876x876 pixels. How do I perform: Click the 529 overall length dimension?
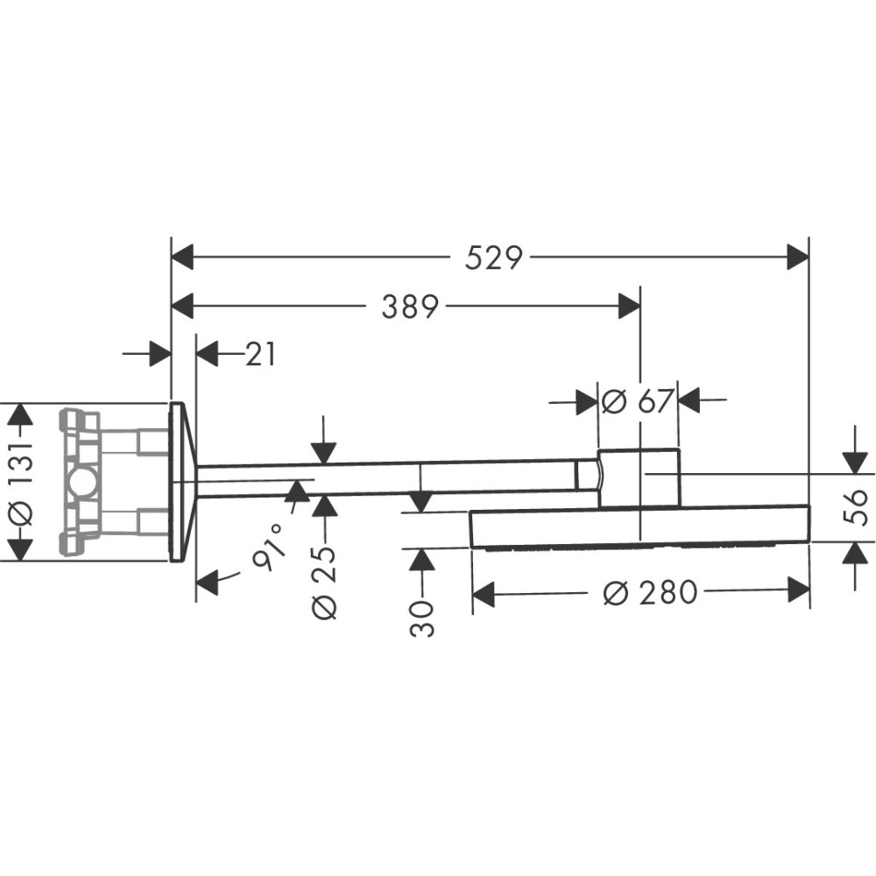[x=493, y=258]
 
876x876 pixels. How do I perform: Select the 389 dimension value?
[x=408, y=307]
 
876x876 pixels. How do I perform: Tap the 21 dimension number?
[x=259, y=355]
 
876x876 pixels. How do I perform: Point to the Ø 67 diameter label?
[x=637, y=401]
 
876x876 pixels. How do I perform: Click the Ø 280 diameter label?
[x=651, y=593]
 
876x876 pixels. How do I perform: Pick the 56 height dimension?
[x=859, y=505]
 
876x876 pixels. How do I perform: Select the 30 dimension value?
[x=422, y=618]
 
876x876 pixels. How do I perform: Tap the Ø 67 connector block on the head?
[x=639, y=477]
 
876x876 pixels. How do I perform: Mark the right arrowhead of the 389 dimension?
[x=629, y=307]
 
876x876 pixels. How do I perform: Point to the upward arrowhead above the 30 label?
[x=422, y=560]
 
